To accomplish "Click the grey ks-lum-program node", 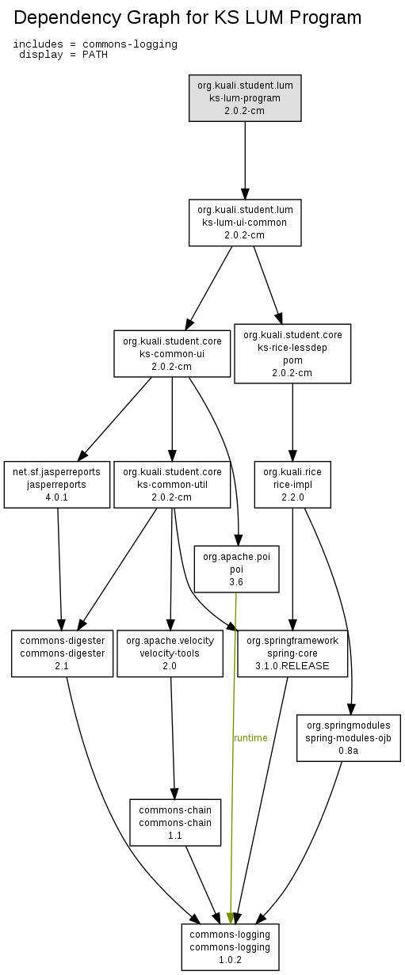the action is [245, 98].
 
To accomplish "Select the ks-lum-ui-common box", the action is [245, 223].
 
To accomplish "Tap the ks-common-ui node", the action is [172, 353].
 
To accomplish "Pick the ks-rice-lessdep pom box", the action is [292, 353].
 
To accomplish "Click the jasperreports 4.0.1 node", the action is [56, 485].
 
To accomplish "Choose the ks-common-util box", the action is [172, 485].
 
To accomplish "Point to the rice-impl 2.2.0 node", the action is [292, 485].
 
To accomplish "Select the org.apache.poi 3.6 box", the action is [236, 569].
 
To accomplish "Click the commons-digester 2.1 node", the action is [63, 653].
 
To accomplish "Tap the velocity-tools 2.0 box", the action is [170, 653].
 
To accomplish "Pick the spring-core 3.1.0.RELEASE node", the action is [292, 653].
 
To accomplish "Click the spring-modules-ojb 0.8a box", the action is [349, 737].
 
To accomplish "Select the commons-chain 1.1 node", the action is [175, 822].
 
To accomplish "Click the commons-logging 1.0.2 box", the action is [230, 946].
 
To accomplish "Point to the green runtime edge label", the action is [250, 737].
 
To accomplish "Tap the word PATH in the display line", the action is [95, 55].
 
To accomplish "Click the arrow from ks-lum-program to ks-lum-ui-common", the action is [245, 160].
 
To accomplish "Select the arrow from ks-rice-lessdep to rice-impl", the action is [292, 422].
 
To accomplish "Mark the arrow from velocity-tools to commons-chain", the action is [173, 737].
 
